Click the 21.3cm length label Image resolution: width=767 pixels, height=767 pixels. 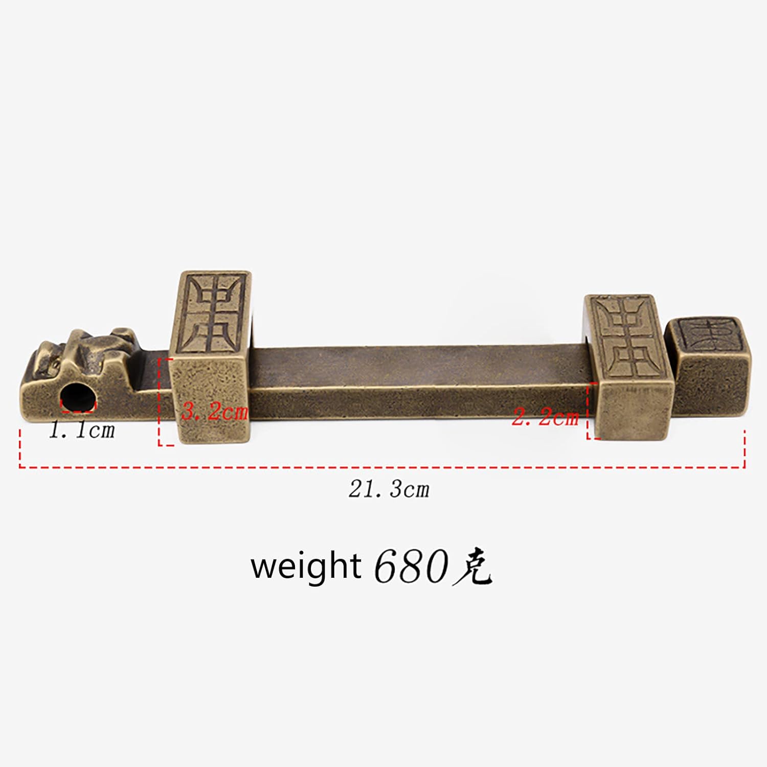click(x=389, y=489)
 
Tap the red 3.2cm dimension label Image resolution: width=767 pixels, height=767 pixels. click(x=215, y=412)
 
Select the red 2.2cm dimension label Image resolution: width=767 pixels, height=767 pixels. click(x=545, y=418)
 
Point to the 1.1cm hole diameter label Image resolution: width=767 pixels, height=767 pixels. click(x=82, y=431)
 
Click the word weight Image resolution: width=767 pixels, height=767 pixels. click(x=306, y=566)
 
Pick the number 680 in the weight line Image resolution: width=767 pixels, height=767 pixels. click(x=411, y=567)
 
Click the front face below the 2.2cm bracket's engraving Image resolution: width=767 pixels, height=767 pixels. click(x=634, y=409)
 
